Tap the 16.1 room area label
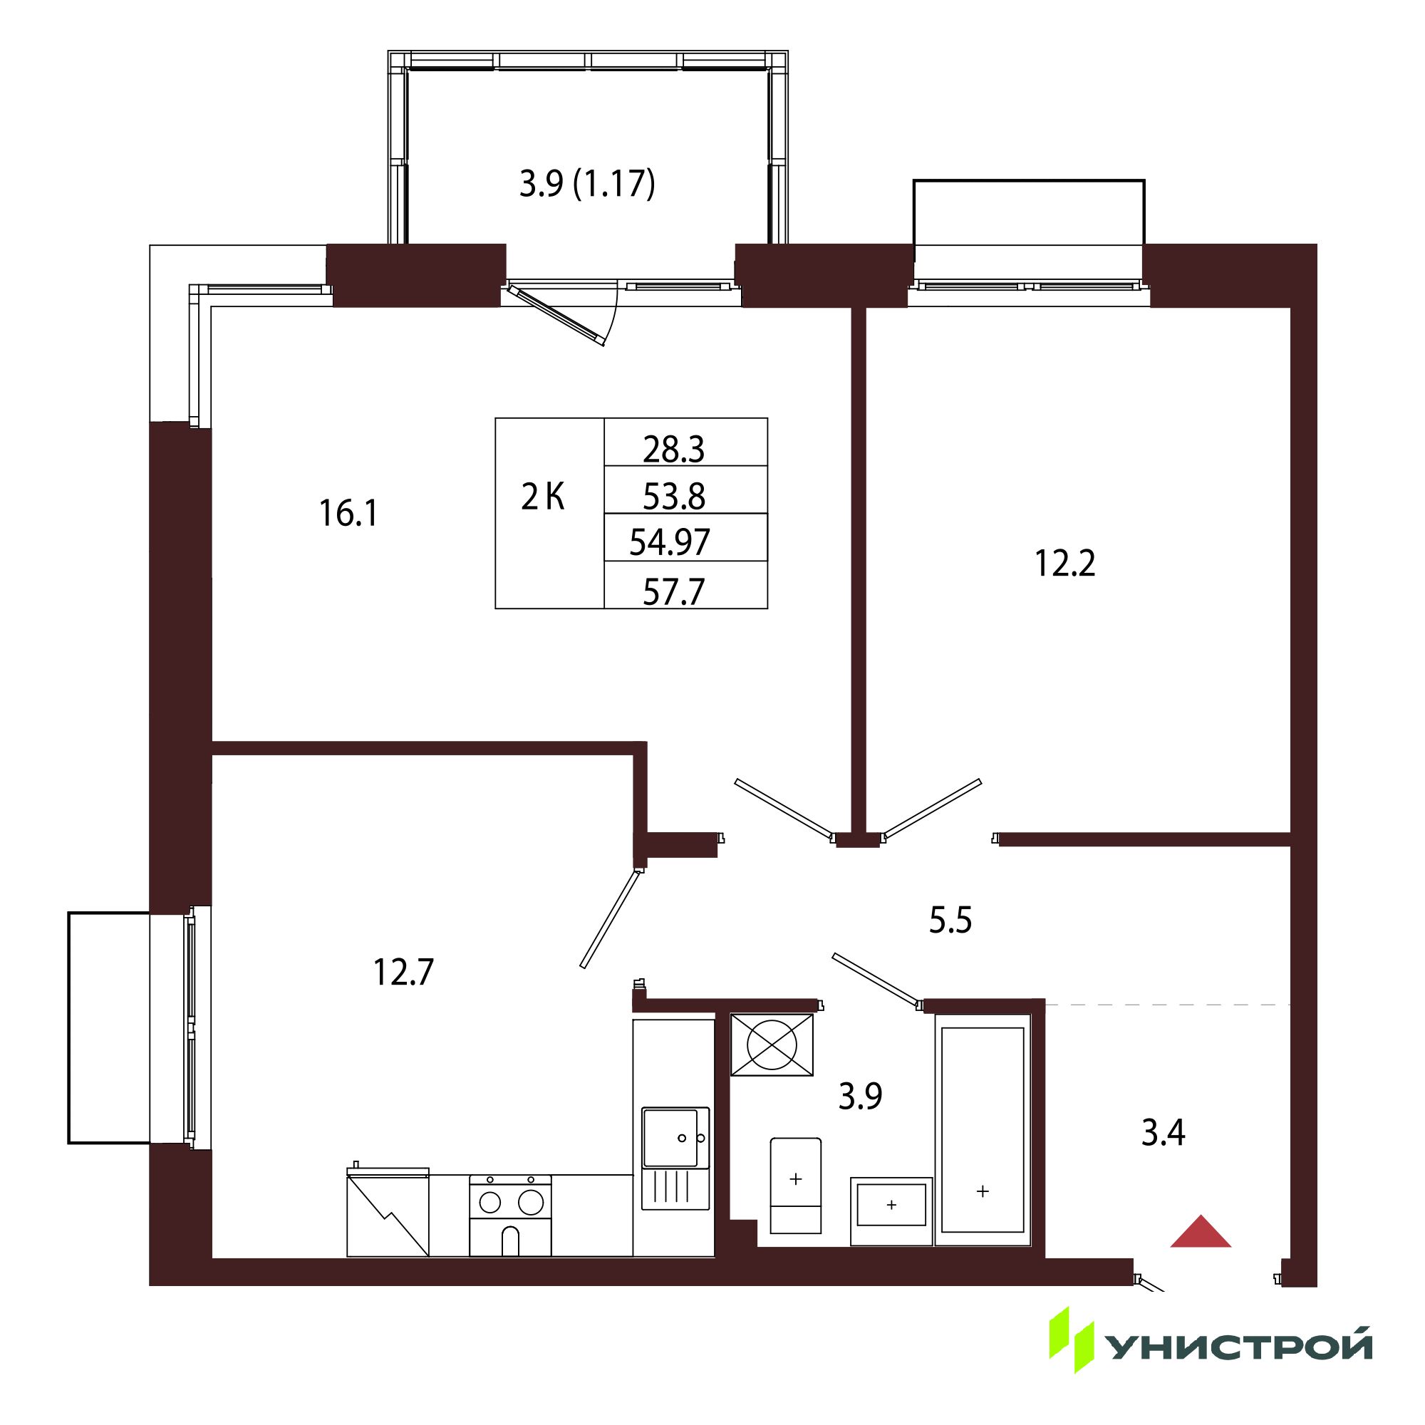point(348,513)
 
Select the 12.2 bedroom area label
point(1065,564)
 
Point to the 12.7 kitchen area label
point(403,972)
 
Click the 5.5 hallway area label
point(950,920)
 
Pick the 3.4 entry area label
point(1164,1133)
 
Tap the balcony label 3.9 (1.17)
point(587,184)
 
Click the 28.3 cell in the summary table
point(673,449)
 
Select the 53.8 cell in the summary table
point(674,497)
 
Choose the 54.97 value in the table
point(670,542)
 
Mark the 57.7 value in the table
point(674,591)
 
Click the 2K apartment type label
point(543,497)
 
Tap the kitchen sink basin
point(670,1137)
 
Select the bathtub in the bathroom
point(983,1130)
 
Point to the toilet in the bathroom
point(796,1186)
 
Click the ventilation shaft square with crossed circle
point(772,1045)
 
